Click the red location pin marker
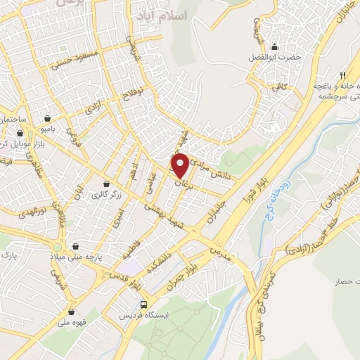(x=180, y=165)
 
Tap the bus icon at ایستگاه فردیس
(x=143, y=304)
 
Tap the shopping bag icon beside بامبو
(x=46, y=117)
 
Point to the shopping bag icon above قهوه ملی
(x=72, y=312)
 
